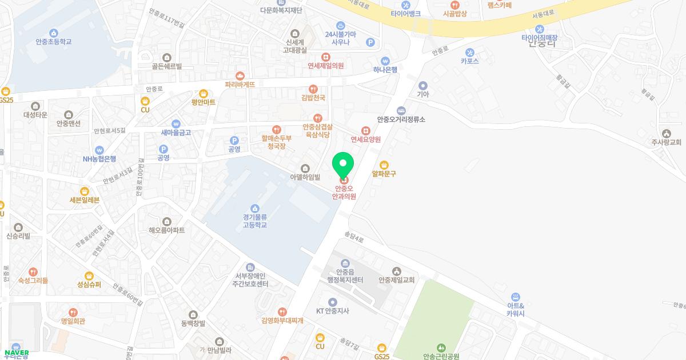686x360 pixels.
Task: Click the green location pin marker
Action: (343, 165)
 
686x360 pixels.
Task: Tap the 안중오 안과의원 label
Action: (344, 192)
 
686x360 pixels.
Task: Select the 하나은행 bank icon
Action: (385, 61)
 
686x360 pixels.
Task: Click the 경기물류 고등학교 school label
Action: (254, 221)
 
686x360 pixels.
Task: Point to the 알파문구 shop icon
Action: (384, 165)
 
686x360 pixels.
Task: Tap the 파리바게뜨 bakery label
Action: (240, 84)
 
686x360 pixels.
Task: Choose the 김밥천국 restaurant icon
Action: (313, 89)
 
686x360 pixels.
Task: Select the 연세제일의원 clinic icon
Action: (325, 57)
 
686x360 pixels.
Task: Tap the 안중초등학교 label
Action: (54, 42)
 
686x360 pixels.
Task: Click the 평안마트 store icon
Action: (204, 93)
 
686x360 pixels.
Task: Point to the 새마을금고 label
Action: (176, 133)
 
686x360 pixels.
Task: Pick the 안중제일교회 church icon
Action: (396, 271)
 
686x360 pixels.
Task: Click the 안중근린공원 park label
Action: (441, 356)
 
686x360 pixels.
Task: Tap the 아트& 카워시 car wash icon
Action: (515, 297)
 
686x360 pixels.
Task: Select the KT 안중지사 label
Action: (333, 311)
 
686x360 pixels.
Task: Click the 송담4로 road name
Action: (354, 237)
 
